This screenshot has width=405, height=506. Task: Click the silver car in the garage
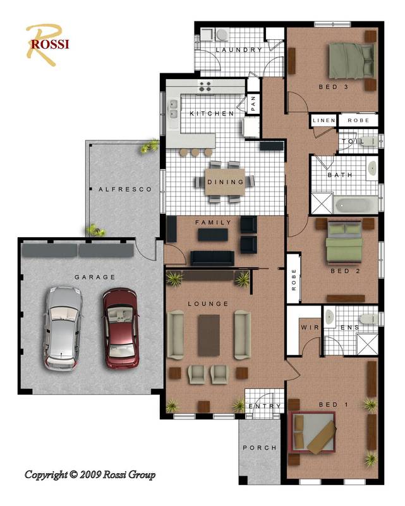pyautogui.click(x=63, y=328)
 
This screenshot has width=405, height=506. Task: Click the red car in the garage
pyautogui.click(x=121, y=328)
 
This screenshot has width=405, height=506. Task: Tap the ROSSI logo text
pyautogui.click(x=49, y=44)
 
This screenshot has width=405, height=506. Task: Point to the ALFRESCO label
pyautogui.click(x=125, y=189)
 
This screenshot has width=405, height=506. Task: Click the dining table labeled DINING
pyautogui.click(x=226, y=182)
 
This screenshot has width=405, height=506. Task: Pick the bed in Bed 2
pyautogui.click(x=344, y=243)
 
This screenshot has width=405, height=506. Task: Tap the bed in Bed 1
pyautogui.click(x=313, y=431)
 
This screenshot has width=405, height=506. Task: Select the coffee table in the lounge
pyautogui.click(x=209, y=335)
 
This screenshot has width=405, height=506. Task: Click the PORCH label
pyautogui.click(x=259, y=448)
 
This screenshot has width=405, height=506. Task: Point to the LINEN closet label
pyautogui.click(x=323, y=120)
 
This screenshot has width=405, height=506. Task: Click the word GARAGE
pyautogui.click(x=95, y=277)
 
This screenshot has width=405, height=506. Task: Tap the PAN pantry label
pyautogui.click(x=253, y=102)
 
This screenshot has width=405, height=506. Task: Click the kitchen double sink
pyautogui.click(x=172, y=109)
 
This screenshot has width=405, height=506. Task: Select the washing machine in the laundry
pyautogui.click(x=222, y=35)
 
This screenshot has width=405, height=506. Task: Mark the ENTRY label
pyautogui.click(x=264, y=407)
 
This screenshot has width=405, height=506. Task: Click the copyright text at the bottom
pyautogui.click(x=90, y=474)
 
